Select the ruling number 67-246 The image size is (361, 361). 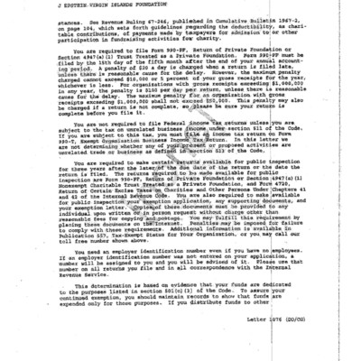coord(134,37)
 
